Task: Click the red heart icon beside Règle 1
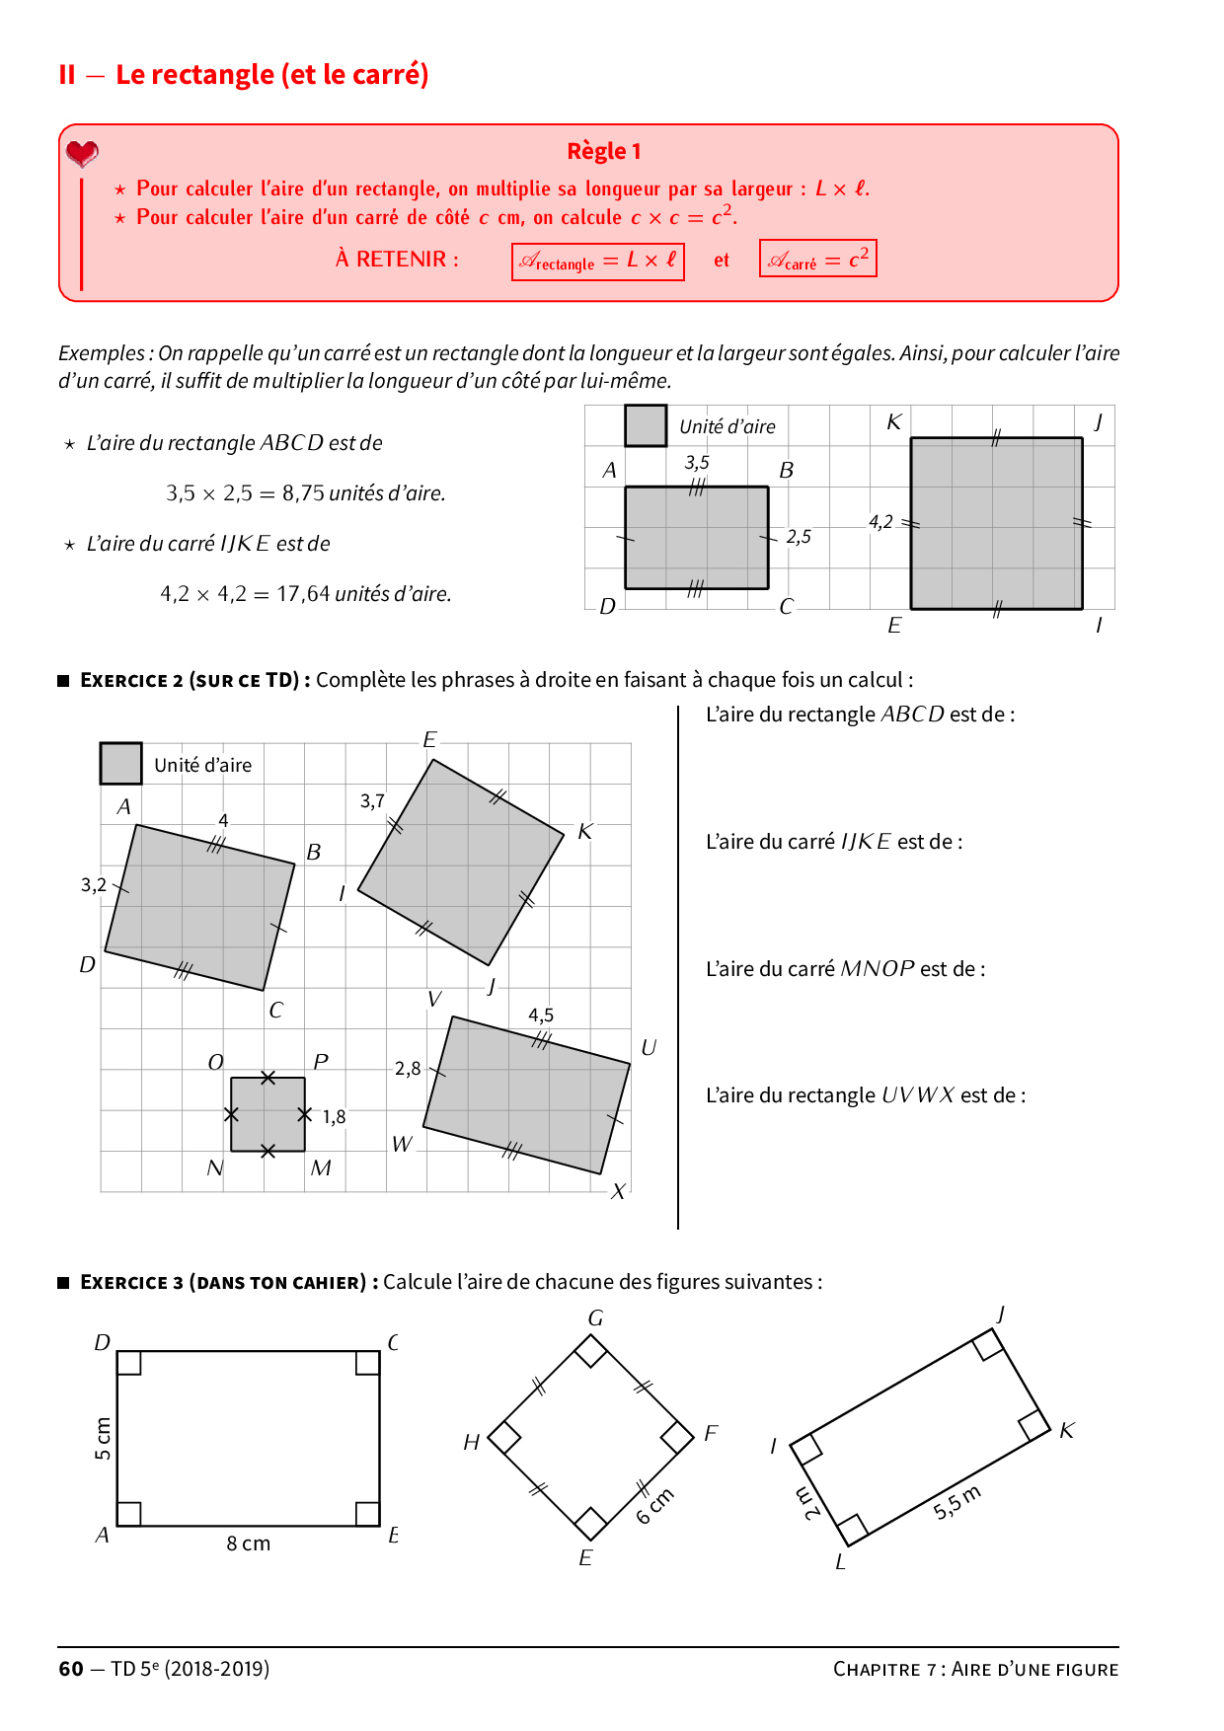point(82,153)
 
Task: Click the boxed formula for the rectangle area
point(597,262)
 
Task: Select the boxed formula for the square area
point(817,260)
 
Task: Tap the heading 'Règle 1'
point(603,151)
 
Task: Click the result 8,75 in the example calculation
point(303,492)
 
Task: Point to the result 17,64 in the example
point(303,594)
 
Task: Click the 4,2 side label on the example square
point(880,522)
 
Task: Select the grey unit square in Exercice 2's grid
point(120,763)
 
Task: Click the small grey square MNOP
point(268,1114)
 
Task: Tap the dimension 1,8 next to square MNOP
point(334,1116)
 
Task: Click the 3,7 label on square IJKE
point(372,800)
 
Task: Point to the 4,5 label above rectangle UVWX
point(541,1015)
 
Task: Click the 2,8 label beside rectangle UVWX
point(408,1068)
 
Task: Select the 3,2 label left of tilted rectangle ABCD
point(94,884)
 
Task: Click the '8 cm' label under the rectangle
point(248,1543)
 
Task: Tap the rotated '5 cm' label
point(103,1439)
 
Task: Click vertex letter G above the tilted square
point(595,1317)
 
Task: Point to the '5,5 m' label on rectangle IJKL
point(956,1502)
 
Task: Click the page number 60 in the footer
point(71,1668)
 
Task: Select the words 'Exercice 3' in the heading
point(131,1282)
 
